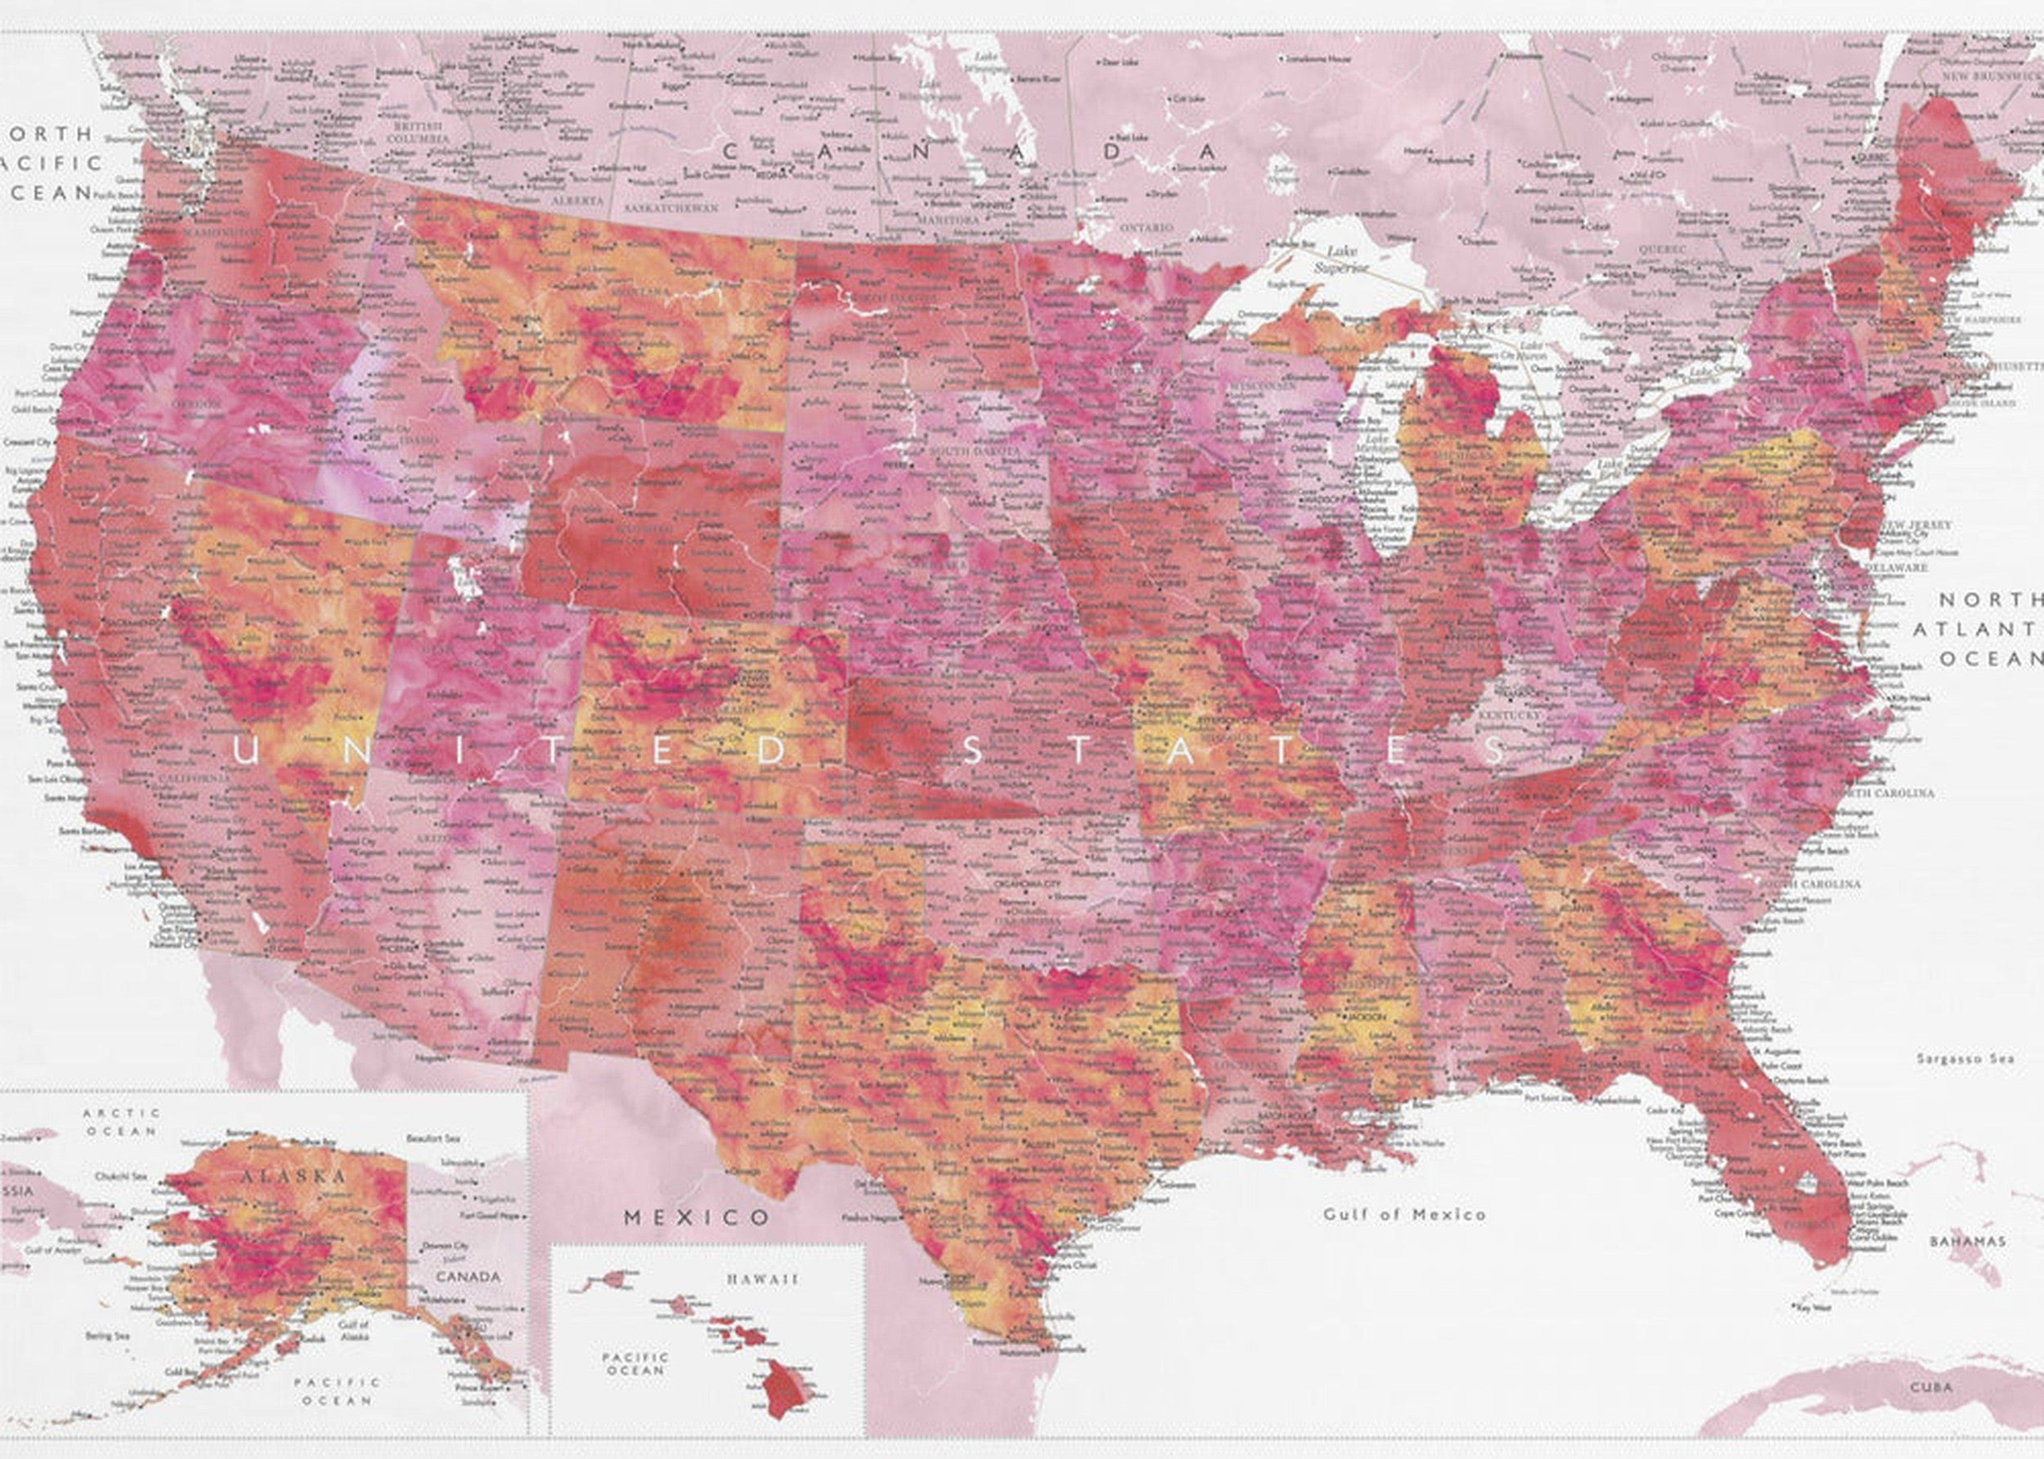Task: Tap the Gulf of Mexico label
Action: [1404, 1215]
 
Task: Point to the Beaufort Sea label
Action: [433, 1138]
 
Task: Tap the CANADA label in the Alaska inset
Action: [468, 1276]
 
